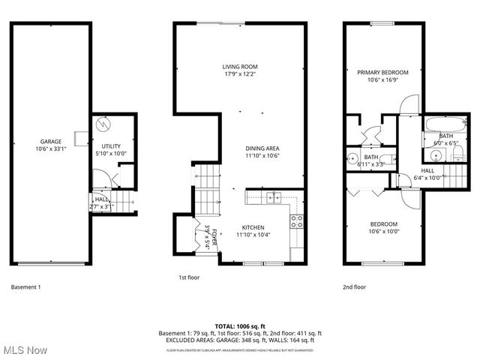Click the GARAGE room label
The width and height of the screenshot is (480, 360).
[x=50, y=141]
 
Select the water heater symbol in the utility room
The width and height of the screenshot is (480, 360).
[x=106, y=124]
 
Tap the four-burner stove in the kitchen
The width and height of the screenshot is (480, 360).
[x=296, y=221]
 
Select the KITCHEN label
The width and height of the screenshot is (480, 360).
[x=253, y=227]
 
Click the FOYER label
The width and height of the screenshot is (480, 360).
[x=214, y=233]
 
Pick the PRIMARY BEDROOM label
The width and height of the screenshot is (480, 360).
[x=382, y=72]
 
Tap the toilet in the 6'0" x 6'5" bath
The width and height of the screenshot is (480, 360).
[x=459, y=154]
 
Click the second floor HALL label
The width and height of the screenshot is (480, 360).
[x=427, y=170]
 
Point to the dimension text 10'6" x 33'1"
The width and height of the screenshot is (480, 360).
[x=50, y=148]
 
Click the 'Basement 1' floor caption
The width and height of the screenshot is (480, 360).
[x=26, y=287]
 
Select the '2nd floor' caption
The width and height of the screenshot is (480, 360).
[x=354, y=286]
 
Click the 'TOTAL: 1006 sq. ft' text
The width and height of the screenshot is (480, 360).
[x=240, y=326]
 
